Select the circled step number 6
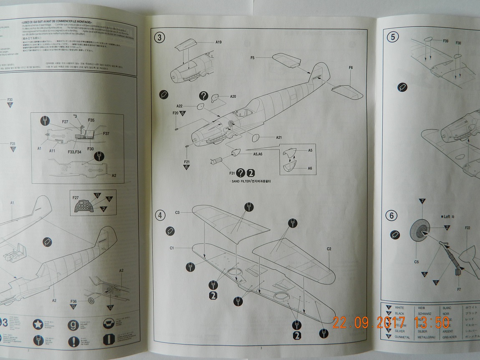(x=392, y=216)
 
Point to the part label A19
(x=219, y=42)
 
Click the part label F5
(x=253, y=57)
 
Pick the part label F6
(x=351, y=68)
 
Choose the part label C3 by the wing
(x=177, y=213)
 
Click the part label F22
(x=467, y=228)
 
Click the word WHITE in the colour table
(x=399, y=307)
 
